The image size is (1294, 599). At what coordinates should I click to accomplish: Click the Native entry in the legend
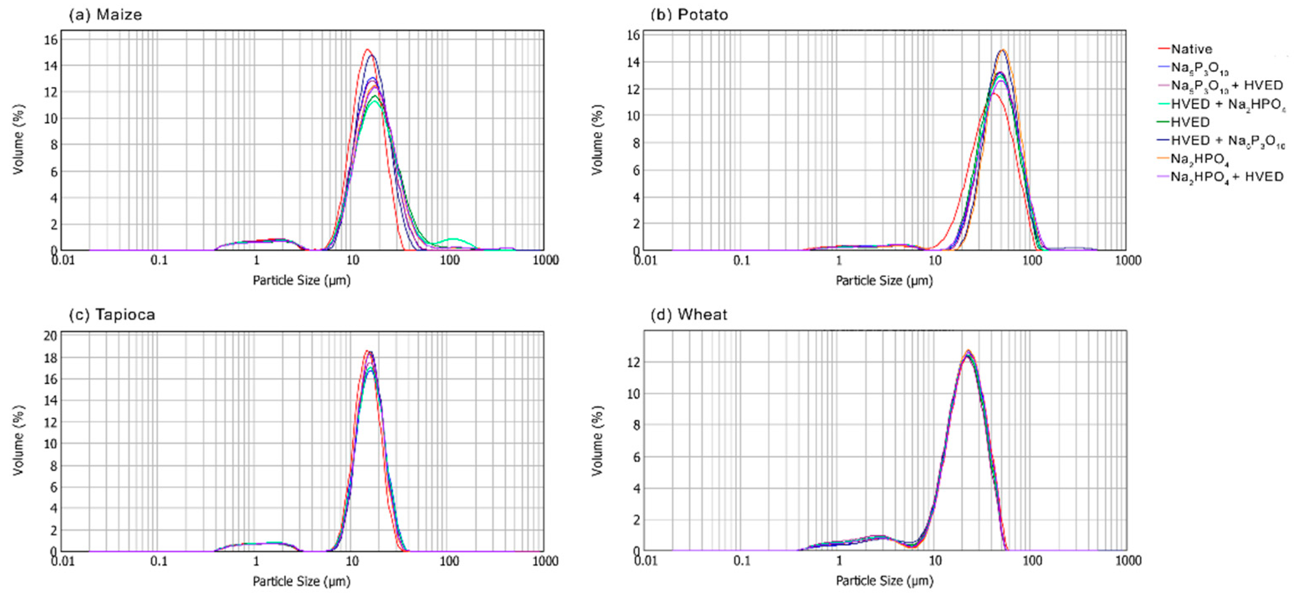click(1191, 49)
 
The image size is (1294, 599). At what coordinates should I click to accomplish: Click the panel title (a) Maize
click(105, 15)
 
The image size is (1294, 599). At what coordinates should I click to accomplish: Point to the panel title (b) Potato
click(689, 15)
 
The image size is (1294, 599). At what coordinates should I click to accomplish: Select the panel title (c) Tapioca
click(112, 314)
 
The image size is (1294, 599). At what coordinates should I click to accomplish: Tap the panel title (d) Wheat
click(689, 314)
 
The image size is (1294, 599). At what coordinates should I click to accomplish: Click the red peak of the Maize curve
click(367, 50)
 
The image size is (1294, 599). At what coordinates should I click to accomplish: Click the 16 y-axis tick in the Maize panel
click(51, 40)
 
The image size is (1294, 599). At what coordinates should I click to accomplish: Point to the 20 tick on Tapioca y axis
click(50, 336)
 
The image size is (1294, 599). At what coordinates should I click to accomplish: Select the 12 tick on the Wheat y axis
click(634, 362)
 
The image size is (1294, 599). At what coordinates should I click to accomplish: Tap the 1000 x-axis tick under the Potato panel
click(1128, 260)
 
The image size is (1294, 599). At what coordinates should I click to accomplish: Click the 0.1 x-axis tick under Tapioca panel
click(159, 561)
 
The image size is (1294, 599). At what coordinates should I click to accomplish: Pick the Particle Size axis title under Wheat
click(884, 581)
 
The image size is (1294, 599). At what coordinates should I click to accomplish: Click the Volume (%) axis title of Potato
click(597, 140)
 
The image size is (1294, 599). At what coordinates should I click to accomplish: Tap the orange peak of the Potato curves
click(1002, 50)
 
